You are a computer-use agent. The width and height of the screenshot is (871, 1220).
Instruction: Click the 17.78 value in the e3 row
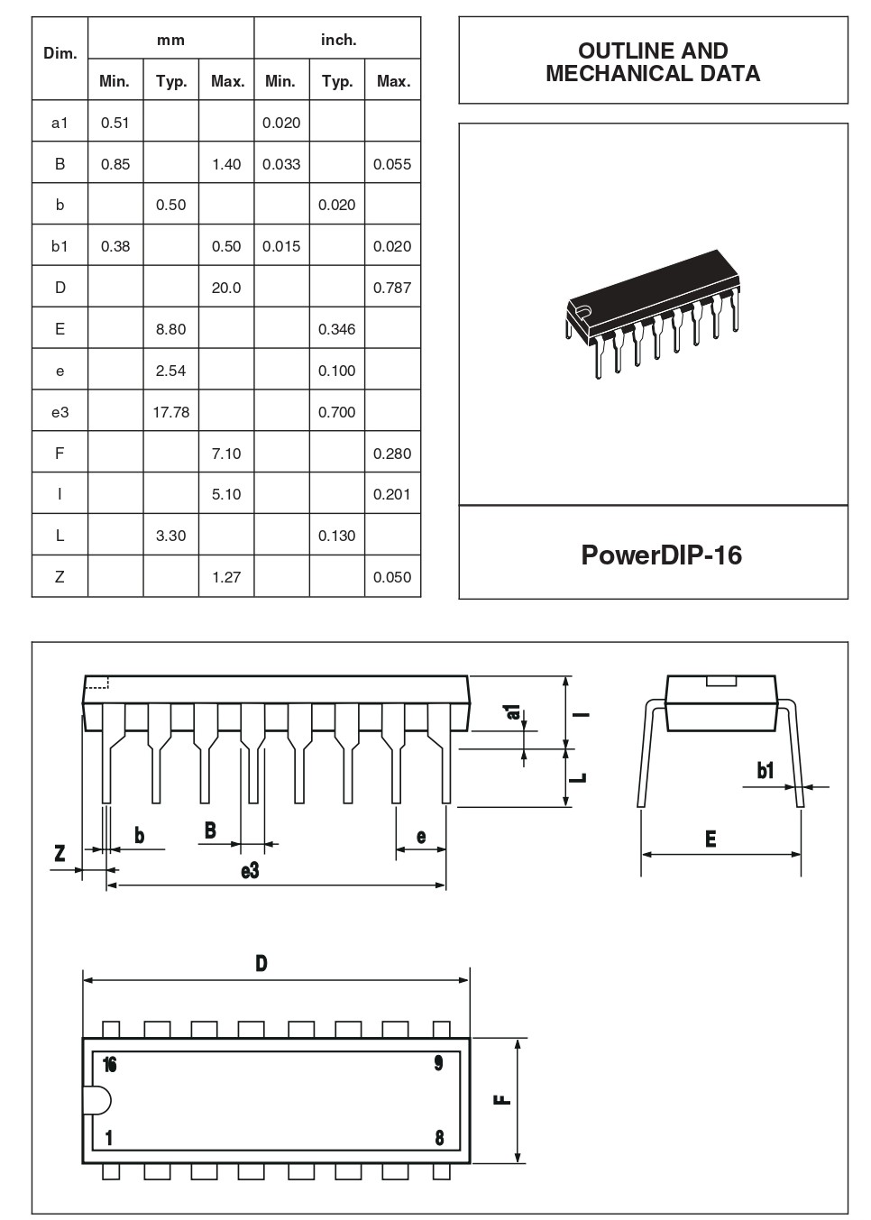[170, 412]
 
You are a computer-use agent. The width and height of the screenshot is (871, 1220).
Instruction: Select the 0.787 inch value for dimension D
[391, 288]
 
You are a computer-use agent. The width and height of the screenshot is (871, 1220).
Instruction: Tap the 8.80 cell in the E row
[170, 329]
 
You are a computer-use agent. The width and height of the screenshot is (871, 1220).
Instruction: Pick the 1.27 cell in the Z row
[226, 577]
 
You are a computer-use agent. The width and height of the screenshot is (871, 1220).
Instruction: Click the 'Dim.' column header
[60, 53]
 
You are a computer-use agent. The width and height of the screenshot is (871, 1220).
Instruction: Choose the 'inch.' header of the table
[338, 40]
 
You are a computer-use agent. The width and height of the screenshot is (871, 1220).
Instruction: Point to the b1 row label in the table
[60, 246]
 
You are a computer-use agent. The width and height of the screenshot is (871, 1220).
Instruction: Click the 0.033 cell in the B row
[281, 164]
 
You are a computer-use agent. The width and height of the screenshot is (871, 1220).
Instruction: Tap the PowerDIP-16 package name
[661, 555]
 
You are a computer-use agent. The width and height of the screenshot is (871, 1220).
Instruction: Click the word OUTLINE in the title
[619, 50]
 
